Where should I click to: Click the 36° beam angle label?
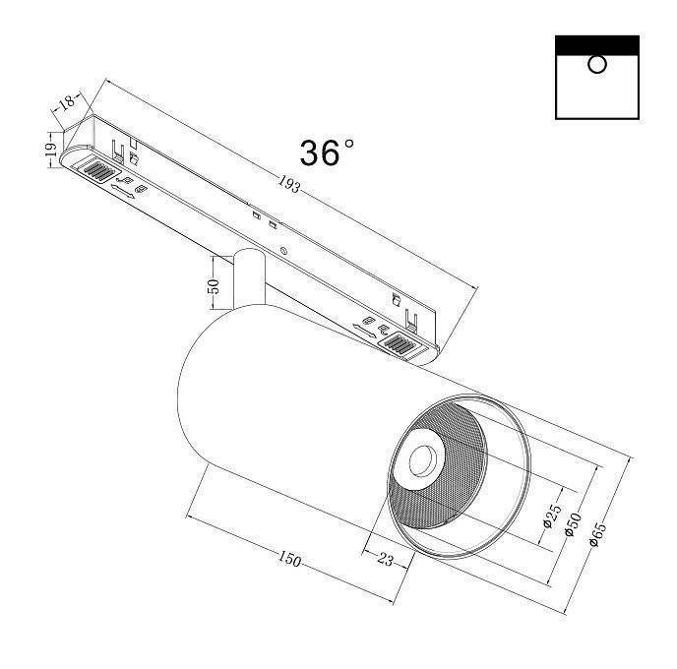click(327, 152)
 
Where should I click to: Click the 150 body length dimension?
click(288, 560)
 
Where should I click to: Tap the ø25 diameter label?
click(552, 516)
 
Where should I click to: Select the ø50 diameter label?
click(574, 525)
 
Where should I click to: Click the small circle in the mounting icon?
click(596, 65)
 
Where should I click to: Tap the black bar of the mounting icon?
click(596, 44)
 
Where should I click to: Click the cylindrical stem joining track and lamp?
click(247, 280)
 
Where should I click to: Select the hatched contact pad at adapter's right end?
click(402, 344)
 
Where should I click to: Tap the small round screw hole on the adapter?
click(284, 251)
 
